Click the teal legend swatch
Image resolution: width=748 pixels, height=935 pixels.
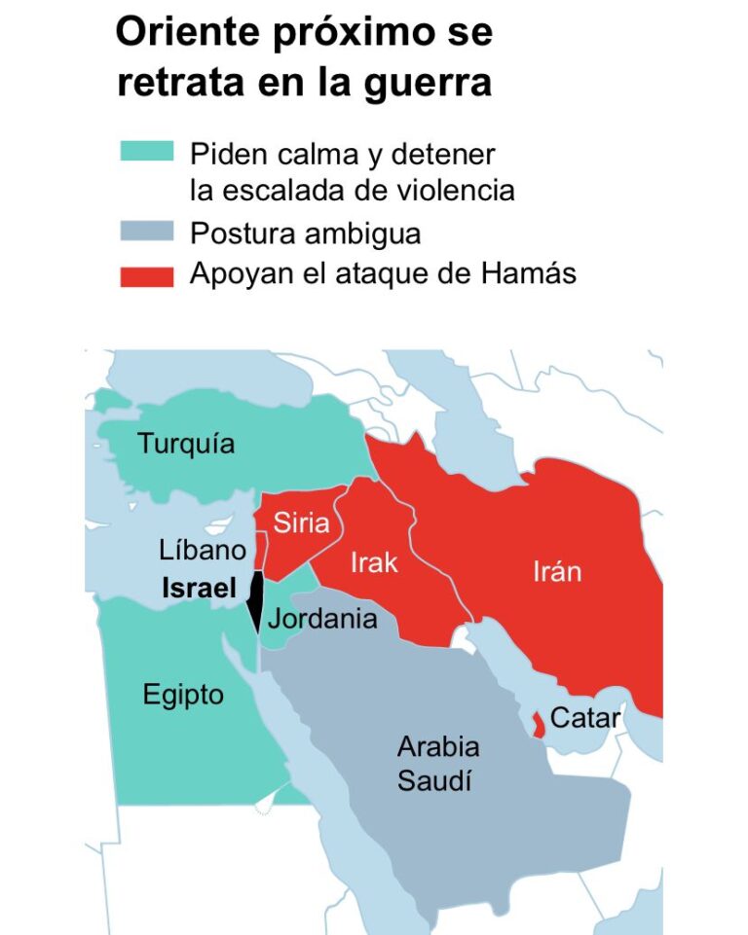click(146, 152)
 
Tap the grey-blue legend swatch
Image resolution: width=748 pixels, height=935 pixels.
click(146, 232)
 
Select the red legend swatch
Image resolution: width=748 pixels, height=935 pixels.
click(146, 275)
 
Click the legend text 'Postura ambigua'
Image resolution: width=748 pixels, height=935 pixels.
click(305, 234)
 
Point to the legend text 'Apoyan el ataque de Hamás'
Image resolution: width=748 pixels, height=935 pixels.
click(383, 273)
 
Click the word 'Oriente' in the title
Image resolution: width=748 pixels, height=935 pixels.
click(186, 32)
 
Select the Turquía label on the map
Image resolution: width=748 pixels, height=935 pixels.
click(186, 445)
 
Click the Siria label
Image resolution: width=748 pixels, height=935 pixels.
click(301, 522)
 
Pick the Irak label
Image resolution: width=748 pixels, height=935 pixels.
click(374, 562)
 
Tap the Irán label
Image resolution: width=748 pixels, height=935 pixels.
click(557, 571)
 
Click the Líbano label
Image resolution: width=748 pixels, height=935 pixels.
click(203, 550)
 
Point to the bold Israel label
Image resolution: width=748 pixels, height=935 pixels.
click(199, 589)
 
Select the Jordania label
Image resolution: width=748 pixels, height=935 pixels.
click(322, 618)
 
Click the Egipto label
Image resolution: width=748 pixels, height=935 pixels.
click(183, 695)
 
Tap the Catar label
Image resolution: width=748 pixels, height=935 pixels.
click(584, 718)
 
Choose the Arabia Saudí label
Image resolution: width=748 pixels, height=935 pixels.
click(437, 763)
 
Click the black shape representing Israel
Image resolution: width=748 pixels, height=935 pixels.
click(255, 599)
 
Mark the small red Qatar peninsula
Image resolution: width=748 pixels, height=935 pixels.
click(537, 724)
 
